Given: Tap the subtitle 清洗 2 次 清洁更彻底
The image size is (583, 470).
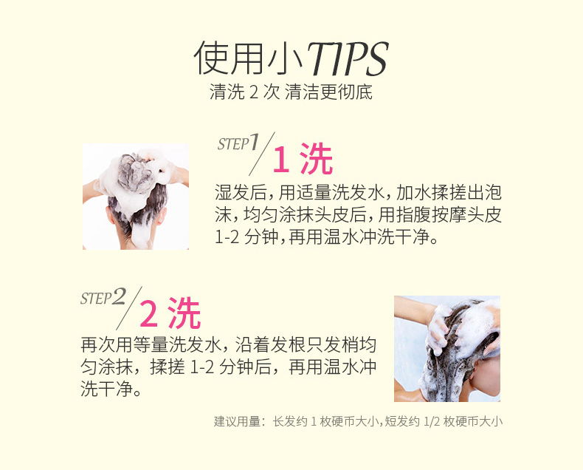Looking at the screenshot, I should click(x=291, y=94).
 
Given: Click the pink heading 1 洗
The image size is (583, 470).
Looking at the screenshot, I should click(x=303, y=160).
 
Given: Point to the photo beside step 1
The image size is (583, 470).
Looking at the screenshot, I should click(x=136, y=197).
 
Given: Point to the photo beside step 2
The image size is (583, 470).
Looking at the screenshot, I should click(x=446, y=348).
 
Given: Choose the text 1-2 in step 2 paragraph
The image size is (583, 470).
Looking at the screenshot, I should click(x=204, y=367).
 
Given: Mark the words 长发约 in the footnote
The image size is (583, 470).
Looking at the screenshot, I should click(x=289, y=422).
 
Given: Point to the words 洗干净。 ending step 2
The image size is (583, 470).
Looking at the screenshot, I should click(x=111, y=389).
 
